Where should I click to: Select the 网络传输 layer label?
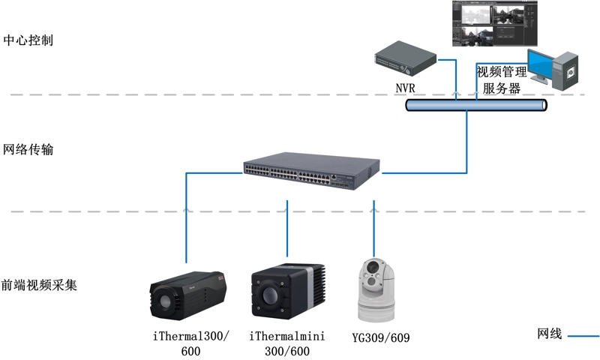[x=28, y=150]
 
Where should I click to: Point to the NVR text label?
[x=406, y=88]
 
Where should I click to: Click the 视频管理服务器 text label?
[x=502, y=80]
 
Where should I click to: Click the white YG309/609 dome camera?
[x=373, y=288]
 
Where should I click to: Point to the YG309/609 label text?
[x=381, y=337]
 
